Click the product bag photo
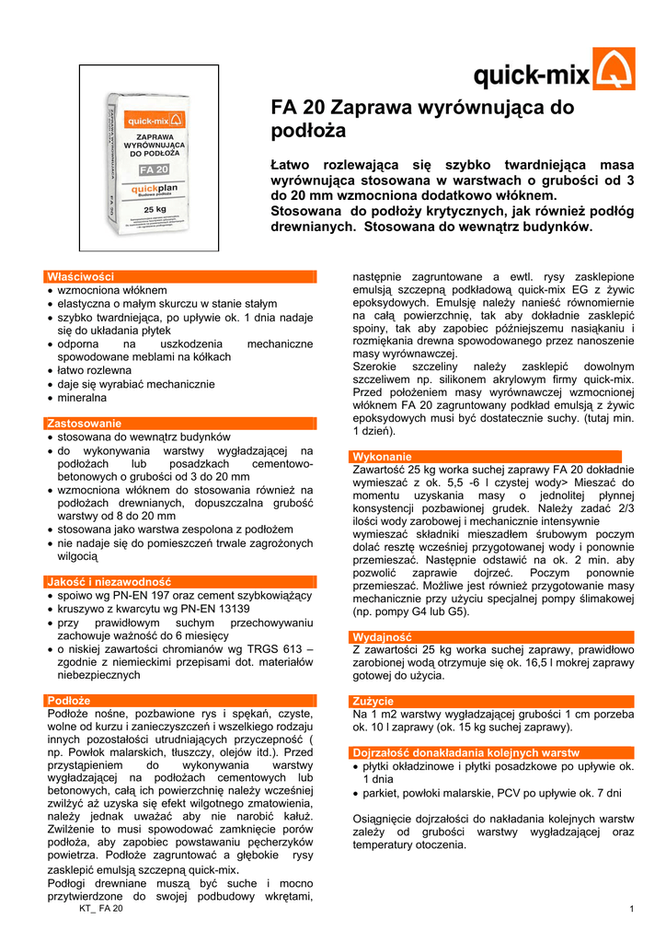147,169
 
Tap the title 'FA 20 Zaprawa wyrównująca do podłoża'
421,119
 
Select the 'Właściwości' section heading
81,276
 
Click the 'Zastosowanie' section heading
83,423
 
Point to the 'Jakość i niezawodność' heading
109,582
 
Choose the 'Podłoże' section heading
68,700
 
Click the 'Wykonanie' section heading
382,457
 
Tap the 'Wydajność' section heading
383,637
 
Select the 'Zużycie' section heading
373,701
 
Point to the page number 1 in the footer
632,910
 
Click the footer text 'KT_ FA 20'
100,909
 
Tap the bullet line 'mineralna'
83,398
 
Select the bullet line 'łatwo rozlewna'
95,370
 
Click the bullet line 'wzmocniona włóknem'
112,289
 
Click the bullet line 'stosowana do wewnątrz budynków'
144,437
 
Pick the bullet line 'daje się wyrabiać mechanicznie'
135,384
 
